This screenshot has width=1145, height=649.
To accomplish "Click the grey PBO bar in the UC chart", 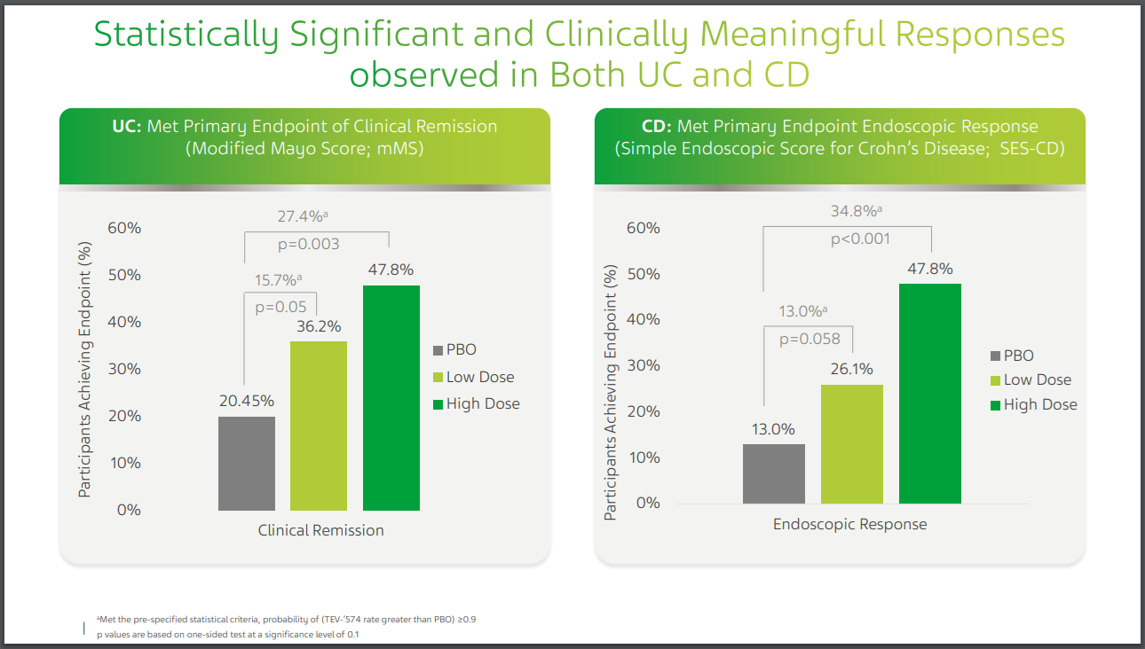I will point(246,463).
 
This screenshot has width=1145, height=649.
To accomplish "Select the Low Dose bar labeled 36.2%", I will point(319,426).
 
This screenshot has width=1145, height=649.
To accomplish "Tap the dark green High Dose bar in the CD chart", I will point(930,393).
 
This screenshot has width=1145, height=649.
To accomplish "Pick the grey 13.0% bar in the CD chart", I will point(774,473).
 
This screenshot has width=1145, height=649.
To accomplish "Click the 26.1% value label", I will point(852,369).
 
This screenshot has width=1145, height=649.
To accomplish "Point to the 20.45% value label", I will point(247,401).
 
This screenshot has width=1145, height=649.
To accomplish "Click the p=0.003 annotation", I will point(310,244).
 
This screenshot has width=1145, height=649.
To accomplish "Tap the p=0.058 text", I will point(809,339).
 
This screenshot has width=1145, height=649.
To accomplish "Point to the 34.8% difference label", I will point(856,211).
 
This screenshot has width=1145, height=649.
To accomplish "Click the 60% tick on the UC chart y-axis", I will point(123,228).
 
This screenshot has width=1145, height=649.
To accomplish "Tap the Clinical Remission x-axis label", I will point(320,530).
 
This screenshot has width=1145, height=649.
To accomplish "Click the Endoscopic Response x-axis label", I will point(849,524).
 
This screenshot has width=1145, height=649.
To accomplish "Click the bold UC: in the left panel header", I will point(124,126).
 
